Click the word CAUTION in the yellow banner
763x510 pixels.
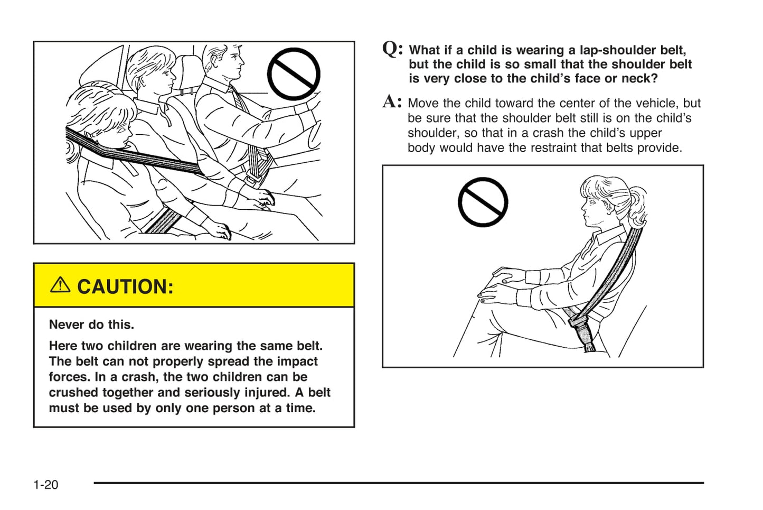click(x=125, y=287)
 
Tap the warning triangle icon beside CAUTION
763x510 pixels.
click(x=60, y=285)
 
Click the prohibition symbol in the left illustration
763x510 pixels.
click(x=294, y=74)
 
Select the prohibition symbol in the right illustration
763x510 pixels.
click(x=483, y=202)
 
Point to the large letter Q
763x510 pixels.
click(x=392, y=49)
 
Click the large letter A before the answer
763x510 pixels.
click(x=391, y=101)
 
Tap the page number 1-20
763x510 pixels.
click(x=46, y=485)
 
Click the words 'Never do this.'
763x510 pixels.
click(x=91, y=324)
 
